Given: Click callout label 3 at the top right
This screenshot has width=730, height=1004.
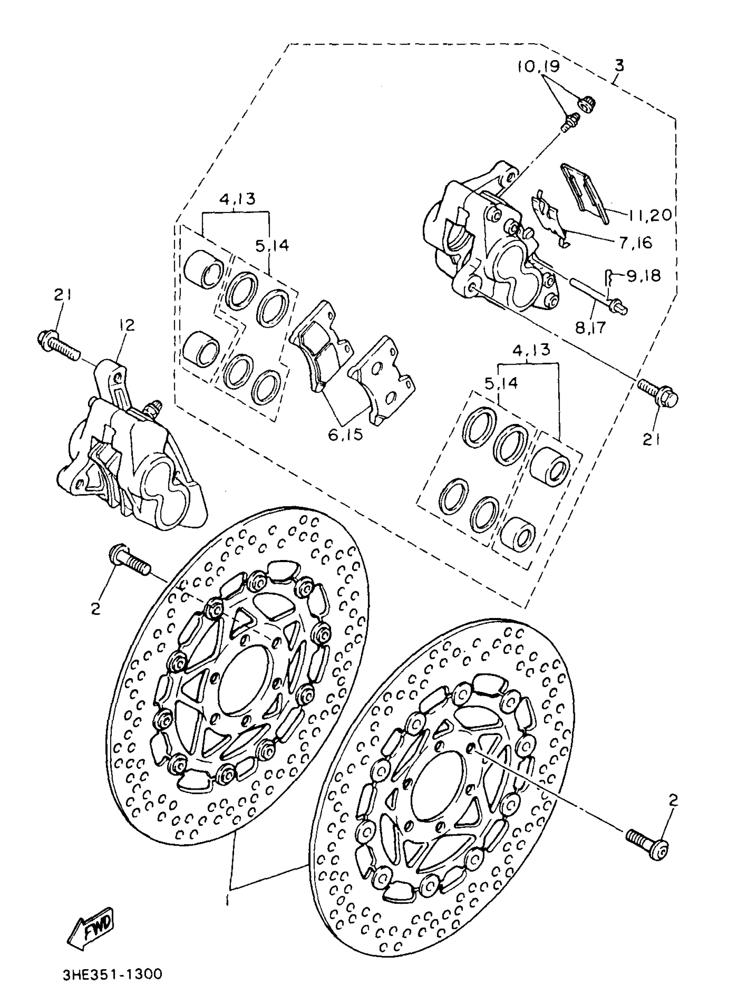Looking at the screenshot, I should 619,66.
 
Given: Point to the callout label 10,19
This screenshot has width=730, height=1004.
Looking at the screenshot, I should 538,67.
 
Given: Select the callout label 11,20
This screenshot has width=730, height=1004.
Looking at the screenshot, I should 649,215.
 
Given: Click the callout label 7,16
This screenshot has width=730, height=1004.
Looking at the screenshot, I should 636,243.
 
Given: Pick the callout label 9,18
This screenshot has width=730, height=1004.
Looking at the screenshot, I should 643,276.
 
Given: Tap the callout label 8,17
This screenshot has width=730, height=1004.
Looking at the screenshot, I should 590,328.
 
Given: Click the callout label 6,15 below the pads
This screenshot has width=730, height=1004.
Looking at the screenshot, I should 346,434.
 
